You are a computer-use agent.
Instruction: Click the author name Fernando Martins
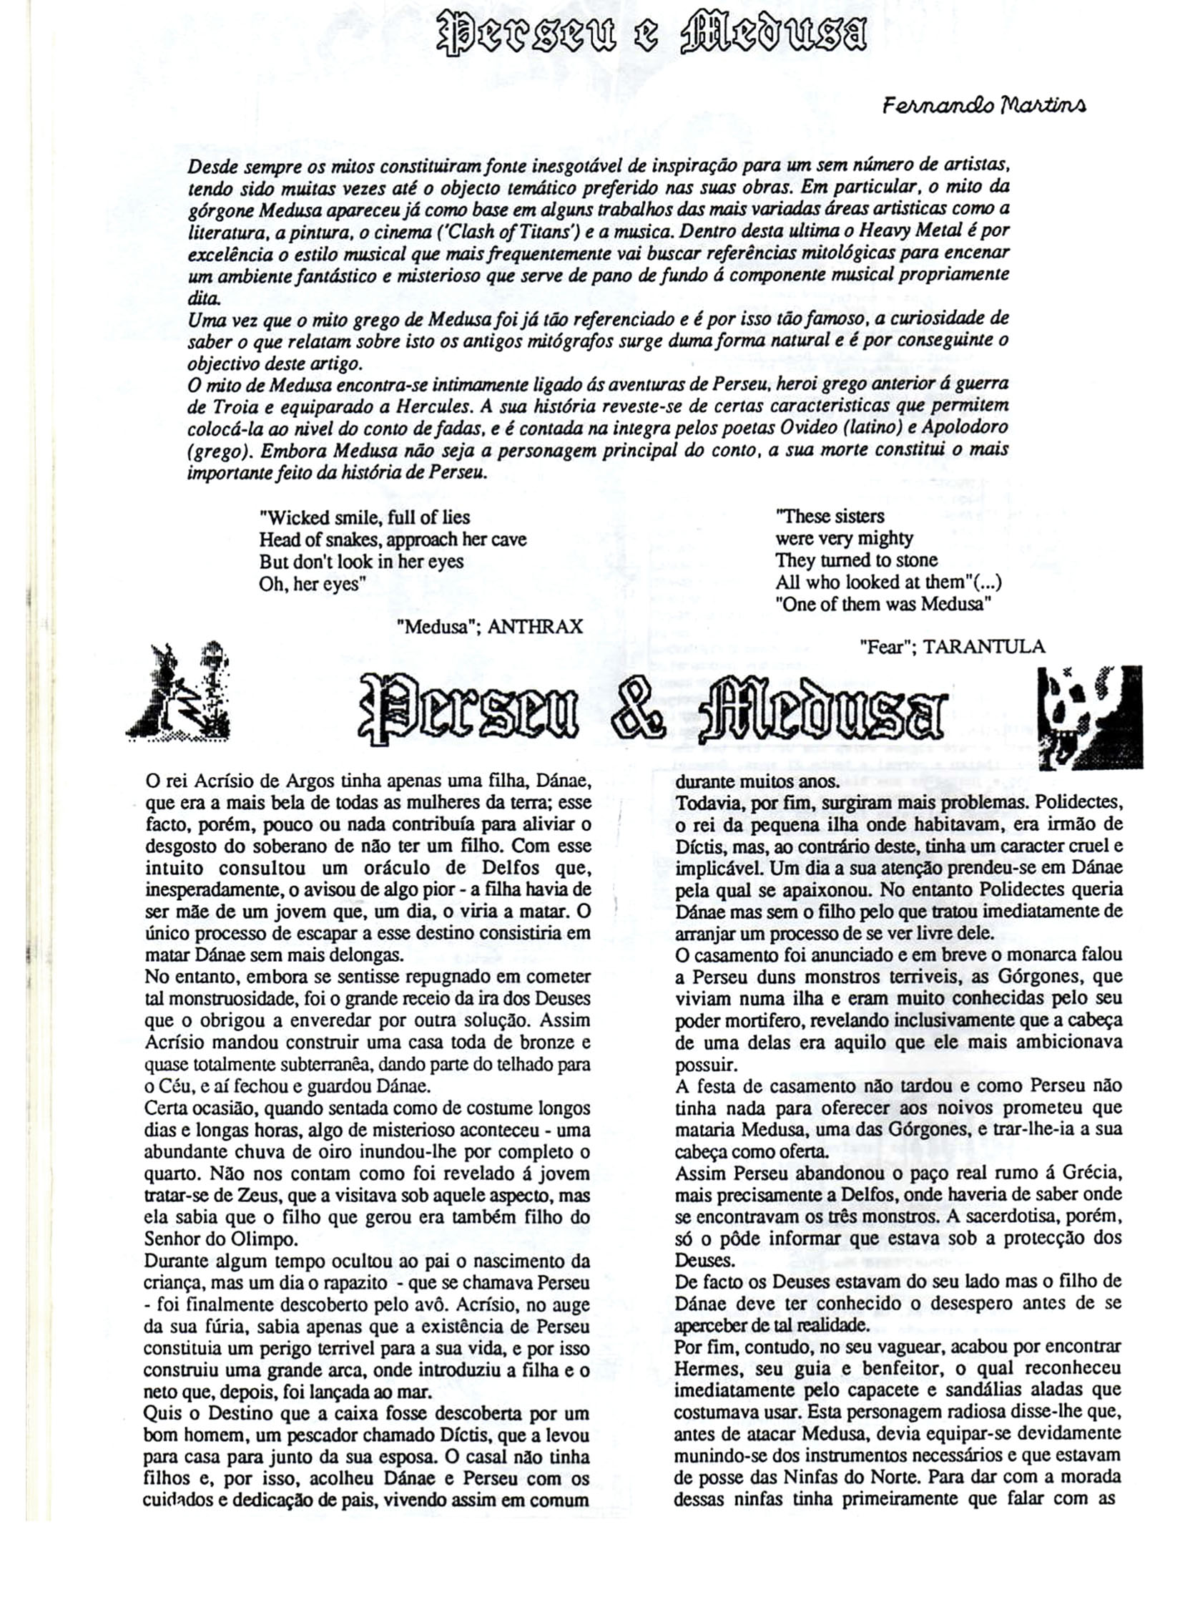[985, 106]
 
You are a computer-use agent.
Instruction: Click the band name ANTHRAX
[535, 627]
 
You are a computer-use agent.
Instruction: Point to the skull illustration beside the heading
[1089, 716]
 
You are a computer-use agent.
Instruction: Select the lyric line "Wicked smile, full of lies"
[365, 517]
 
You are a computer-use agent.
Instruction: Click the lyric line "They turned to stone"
[856, 560]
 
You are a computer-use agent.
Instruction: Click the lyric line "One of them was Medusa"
[883, 604]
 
